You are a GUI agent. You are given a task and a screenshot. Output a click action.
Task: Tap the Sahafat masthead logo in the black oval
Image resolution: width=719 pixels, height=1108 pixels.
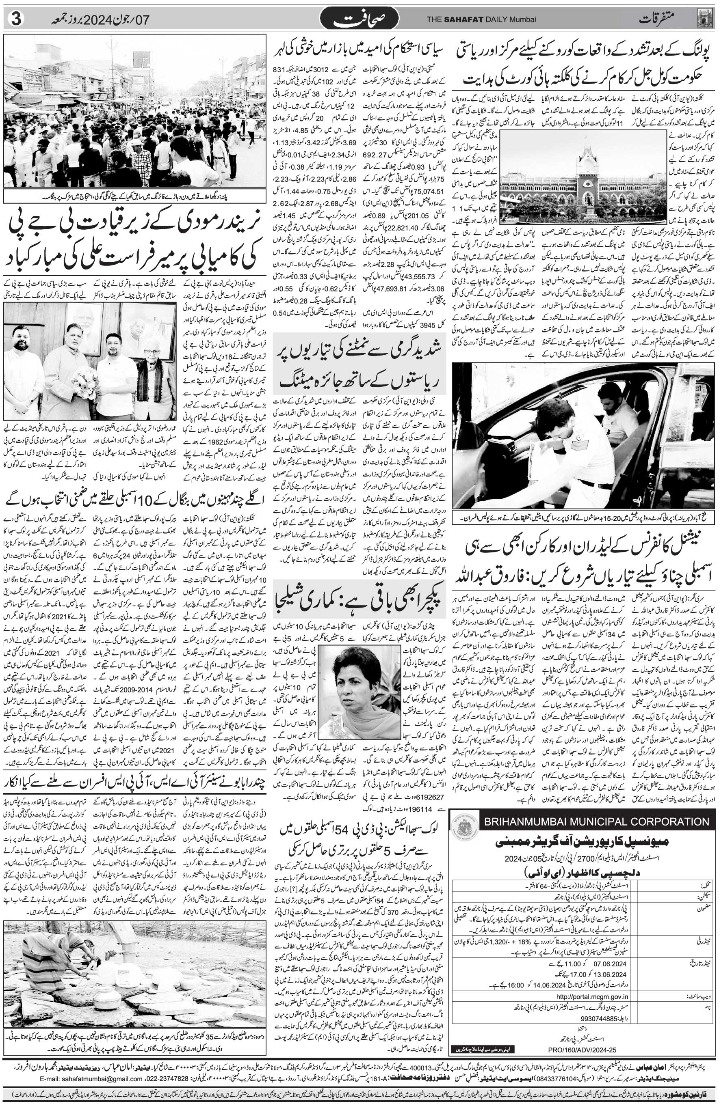359,19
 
